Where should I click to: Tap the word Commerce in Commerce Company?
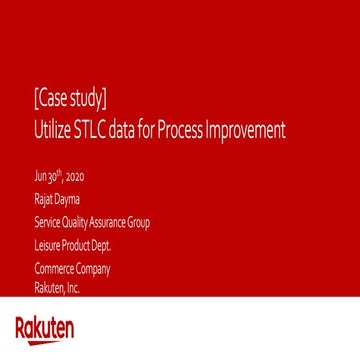tap(52, 269)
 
